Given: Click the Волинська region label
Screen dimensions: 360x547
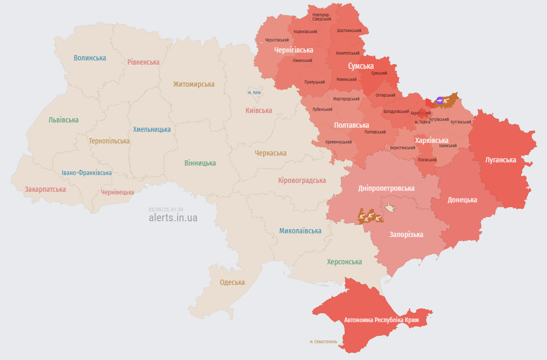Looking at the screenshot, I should pos(90,58).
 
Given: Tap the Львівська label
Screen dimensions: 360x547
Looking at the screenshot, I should pos(63,120).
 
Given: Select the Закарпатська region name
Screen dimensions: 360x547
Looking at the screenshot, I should pos(45,189).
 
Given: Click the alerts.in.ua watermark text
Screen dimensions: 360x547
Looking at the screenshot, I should pos(173,218).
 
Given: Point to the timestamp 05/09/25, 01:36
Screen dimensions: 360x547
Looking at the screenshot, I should pos(166,209).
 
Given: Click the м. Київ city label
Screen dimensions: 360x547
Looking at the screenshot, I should pos(254,92).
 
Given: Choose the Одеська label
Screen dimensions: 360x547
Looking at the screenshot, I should pos(232,282).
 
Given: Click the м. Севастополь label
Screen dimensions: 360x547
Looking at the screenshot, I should pos(323,342).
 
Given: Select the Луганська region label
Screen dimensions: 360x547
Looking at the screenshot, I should pos(500,159).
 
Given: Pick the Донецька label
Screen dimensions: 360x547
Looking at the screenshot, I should pos(462,200).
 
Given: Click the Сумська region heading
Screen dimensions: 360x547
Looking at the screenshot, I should pos(361,66).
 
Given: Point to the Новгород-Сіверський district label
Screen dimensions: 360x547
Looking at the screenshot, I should pos(321,17).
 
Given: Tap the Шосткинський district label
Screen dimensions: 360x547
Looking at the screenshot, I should pos(348,30).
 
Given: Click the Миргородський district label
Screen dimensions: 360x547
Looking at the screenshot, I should pos(346,99).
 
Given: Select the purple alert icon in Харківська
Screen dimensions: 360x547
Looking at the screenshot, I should pos(439,100).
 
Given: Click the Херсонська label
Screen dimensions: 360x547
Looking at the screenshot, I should pos(344,262).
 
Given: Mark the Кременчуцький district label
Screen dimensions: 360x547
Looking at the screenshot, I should pos(338,142).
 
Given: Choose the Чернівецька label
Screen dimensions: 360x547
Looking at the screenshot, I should pos(117,192).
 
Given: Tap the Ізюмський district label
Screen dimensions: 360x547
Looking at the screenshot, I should pos(448,146).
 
